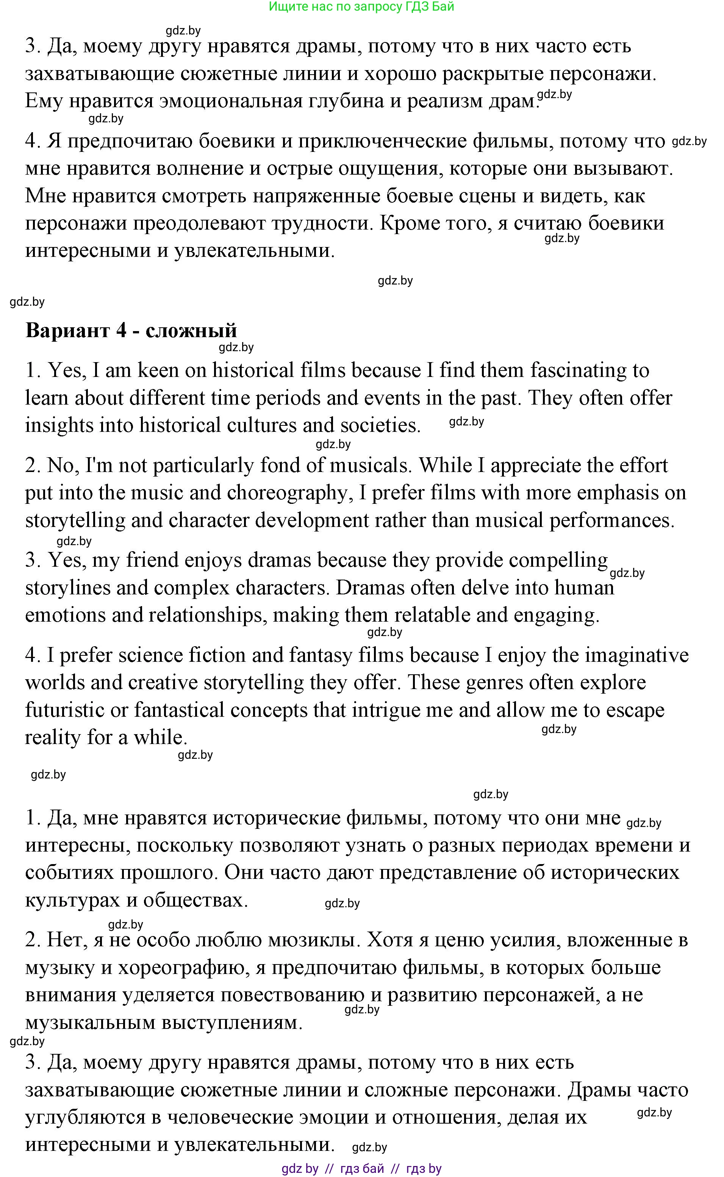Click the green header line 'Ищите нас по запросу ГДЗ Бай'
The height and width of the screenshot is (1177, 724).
361,7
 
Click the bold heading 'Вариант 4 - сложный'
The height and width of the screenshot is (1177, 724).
131,331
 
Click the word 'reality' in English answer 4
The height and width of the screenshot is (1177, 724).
53,738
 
